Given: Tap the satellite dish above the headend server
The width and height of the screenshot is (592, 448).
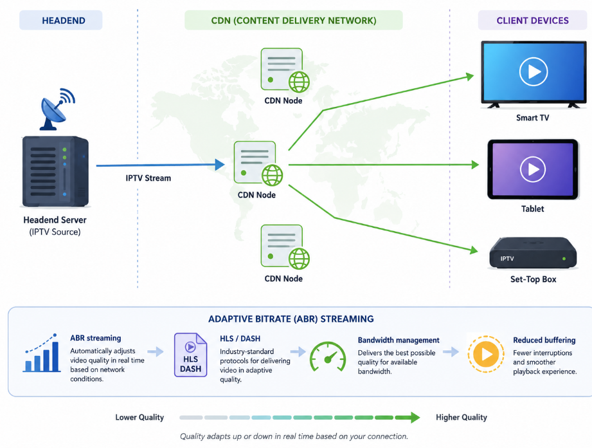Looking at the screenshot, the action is pyautogui.click(x=57, y=109).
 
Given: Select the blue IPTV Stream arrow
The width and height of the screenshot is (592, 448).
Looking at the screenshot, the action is pyautogui.click(x=161, y=165).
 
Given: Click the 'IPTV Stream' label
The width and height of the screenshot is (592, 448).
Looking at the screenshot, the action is pyautogui.click(x=148, y=178).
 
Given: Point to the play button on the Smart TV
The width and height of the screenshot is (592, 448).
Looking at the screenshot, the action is pyautogui.click(x=533, y=71).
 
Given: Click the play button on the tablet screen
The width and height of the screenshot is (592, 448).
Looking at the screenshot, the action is pyautogui.click(x=533, y=169).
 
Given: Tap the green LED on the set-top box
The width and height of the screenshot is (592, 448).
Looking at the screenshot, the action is pyautogui.click(x=564, y=259).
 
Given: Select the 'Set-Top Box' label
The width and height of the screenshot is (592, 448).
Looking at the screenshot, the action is pyautogui.click(x=533, y=279).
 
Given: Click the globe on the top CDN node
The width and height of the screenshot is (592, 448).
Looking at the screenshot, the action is pyautogui.click(x=299, y=82).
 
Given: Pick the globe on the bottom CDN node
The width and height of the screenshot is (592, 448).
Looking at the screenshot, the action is pyautogui.click(x=299, y=259).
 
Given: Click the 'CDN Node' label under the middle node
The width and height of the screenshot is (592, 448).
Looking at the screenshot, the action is pyautogui.click(x=256, y=195).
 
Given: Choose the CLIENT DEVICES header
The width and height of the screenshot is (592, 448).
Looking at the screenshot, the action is pyautogui.click(x=532, y=21).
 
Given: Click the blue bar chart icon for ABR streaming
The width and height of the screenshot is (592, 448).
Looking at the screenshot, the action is pyautogui.click(x=42, y=353).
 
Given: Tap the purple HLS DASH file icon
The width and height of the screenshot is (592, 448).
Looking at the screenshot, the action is pyautogui.click(x=191, y=355).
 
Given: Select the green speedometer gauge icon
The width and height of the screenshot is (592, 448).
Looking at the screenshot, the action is pyautogui.click(x=328, y=357).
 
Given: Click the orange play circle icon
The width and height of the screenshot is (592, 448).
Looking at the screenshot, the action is pyautogui.click(x=486, y=354).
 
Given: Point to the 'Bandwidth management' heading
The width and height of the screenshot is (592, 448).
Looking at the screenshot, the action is pyautogui.click(x=399, y=341).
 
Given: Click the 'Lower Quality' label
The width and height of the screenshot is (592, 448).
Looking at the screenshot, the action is pyautogui.click(x=139, y=417).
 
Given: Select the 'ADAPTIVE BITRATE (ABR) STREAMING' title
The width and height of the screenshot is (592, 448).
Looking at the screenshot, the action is pyautogui.click(x=291, y=319).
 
